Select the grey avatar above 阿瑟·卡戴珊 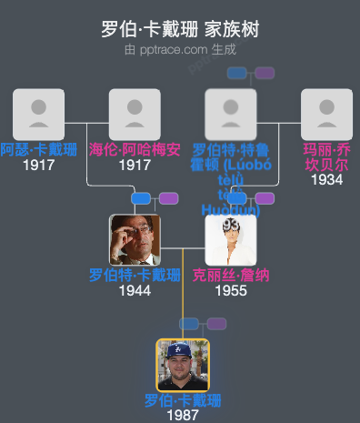[38, 114]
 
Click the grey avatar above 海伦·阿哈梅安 [135, 114]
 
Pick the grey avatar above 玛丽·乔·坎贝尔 [326, 114]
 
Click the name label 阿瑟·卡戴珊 [33, 149]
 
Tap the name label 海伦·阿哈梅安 [135, 149]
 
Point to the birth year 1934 [326, 180]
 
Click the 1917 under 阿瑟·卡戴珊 [38, 165]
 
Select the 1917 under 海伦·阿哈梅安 [135, 165]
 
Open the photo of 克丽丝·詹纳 [231, 239]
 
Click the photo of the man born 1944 [135, 239]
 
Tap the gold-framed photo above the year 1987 [183, 365]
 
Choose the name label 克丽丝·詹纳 [231, 275]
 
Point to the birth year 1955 [231, 291]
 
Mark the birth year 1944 [135, 291]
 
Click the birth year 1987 [183, 415]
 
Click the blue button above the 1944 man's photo [141, 198]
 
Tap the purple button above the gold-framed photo [216, 324]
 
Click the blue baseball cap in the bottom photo [183, 349]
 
